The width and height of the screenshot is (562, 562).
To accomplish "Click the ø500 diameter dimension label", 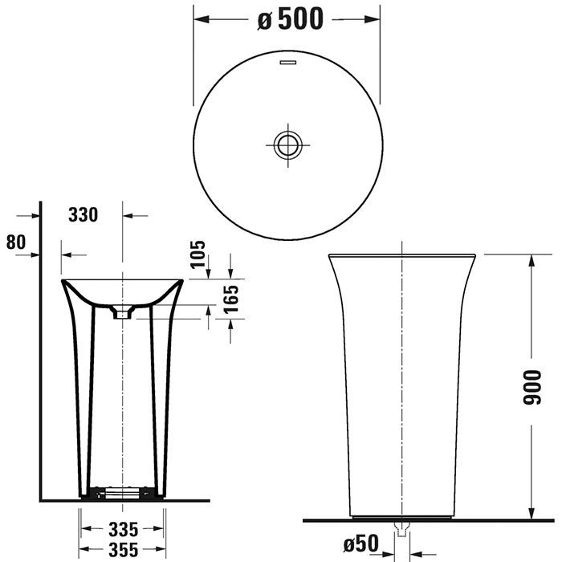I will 290,20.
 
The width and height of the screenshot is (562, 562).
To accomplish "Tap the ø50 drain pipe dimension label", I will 360,544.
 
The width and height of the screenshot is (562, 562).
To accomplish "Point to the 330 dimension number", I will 83,215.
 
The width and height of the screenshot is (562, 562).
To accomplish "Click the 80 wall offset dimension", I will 15,241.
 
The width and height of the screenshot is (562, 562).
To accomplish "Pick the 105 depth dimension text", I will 199,255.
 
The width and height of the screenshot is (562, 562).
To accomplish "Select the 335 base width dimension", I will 122,529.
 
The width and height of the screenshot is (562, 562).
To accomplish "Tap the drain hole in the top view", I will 285,145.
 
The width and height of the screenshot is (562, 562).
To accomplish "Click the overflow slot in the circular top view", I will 286,61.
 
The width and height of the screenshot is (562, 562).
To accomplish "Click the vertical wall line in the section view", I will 39,361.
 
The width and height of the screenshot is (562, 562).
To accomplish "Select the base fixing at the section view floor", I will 122,491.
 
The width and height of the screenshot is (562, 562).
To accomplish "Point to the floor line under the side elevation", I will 426,520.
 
